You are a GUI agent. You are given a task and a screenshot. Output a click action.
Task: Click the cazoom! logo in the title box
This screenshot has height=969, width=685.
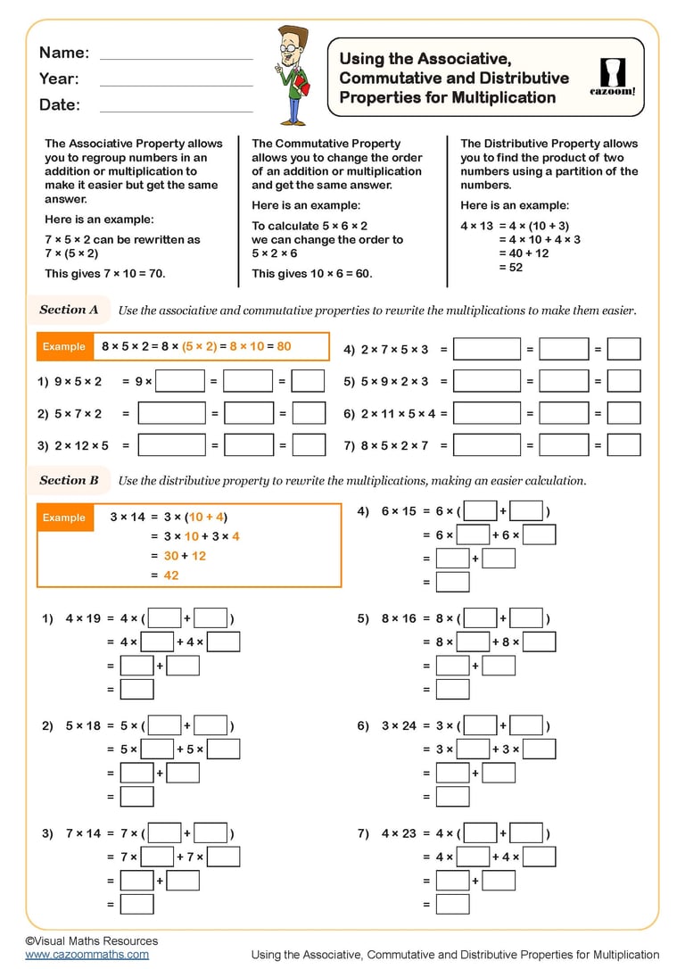click(613, 77)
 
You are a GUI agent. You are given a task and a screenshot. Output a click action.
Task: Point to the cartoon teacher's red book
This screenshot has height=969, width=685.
click(301, 85)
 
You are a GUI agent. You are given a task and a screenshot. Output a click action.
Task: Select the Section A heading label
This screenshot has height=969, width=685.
click(69, 310)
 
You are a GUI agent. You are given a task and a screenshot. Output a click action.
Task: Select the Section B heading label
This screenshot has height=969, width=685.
click(69, 480)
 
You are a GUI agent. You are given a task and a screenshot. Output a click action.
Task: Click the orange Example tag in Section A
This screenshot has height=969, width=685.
click(64, 346)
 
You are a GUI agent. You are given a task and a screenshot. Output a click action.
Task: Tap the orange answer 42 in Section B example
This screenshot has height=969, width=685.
click(171, 576)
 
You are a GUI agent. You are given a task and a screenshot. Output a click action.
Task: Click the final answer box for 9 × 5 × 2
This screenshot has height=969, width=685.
click(309, 381)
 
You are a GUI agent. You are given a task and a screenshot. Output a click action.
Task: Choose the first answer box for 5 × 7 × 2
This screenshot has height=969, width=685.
click(172, 413)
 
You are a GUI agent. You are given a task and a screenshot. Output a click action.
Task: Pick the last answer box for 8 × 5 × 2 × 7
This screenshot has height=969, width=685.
click(624, 445)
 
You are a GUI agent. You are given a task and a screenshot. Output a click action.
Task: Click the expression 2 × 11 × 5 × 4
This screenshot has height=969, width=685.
click(398, 414)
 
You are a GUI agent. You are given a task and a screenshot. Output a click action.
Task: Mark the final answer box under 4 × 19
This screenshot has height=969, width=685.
click(137, 689)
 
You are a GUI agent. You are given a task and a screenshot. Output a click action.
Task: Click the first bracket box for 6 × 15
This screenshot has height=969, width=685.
click(481, 511)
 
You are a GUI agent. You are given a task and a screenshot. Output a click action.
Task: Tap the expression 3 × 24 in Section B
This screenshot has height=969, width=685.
click(399, 725)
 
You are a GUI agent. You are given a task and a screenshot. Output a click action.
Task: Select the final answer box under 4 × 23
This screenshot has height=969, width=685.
click(453, 904)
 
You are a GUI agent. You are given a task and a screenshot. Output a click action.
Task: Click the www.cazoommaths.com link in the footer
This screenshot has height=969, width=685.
click(87, 954)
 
